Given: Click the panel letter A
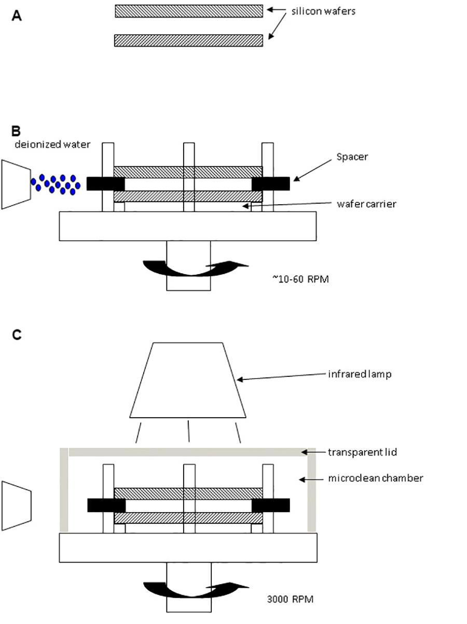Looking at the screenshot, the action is tap(17, 16).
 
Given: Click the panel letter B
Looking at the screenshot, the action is tap(16, 131).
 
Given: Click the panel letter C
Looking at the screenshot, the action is tap(17, 335).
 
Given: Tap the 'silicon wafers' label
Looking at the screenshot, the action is tap(323, 11).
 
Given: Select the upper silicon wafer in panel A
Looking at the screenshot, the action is tap(189, 11).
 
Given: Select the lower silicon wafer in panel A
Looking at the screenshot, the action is tap(188, 40).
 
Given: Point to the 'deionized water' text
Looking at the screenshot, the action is tap(52, 145).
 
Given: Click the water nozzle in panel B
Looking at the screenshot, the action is tap(16, 185).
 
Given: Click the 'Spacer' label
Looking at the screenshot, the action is tap(352, 157).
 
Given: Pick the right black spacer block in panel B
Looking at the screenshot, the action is tap(271, 183).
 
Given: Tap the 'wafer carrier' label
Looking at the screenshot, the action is tap(366, 204).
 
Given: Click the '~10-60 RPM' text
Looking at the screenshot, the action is tap(300, 279).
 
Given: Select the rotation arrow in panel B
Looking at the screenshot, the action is tap(196, 268).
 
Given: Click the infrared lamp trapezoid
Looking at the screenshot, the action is tap(188, 380).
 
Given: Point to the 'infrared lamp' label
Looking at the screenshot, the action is tap(360, 374).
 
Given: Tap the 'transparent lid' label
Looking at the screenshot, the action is tap(362, 452).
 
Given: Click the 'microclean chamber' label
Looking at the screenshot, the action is tap(376, 478).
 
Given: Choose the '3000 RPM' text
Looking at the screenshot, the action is tap(290, 599).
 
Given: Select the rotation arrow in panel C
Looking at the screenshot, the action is tap(196, 590).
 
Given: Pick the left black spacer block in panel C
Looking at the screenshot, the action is tap(106, 505).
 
